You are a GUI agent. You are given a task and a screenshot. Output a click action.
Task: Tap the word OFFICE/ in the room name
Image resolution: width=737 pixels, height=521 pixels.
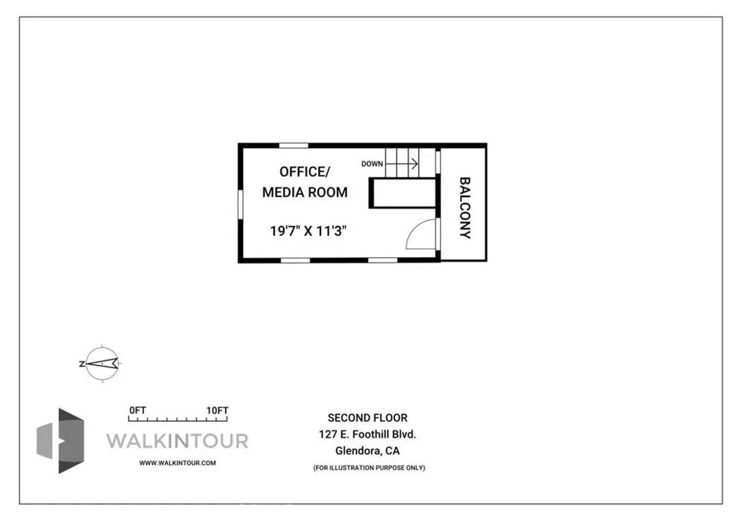(304, 171)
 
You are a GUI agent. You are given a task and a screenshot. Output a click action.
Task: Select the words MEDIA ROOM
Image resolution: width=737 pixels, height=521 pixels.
(304, 192)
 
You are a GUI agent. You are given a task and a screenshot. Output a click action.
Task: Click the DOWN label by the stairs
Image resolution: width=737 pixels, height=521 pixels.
(372, 164)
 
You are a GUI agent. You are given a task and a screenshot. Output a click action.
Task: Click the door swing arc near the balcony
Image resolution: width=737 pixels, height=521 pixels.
(421, 234)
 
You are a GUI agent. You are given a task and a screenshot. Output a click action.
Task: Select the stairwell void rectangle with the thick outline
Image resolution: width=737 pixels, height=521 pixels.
(404, 194)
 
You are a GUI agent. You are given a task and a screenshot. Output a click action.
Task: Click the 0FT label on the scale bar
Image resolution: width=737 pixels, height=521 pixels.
(137, 410)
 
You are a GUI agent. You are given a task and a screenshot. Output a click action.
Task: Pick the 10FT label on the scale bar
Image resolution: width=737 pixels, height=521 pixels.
(217, 410)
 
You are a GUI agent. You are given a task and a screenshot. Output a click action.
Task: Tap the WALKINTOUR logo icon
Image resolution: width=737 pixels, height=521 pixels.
(61, 440)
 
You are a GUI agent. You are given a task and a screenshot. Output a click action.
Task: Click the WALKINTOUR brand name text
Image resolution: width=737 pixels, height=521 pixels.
(177, 440)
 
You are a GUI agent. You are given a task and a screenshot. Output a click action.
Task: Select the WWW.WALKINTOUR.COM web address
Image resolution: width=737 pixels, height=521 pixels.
(177, 463)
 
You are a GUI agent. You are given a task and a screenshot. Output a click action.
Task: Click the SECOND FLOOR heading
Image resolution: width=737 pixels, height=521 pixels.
(368, 417)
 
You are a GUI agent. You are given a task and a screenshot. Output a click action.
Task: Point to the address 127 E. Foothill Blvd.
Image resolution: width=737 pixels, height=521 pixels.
(368, 435)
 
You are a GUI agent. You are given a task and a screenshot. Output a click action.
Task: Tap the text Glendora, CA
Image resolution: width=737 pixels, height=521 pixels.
(368, 452)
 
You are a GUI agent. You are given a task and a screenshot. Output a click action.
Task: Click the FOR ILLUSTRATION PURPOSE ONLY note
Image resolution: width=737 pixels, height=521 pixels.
(368, 468)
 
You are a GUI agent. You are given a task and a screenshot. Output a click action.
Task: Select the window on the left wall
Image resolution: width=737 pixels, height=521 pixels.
(240, 204)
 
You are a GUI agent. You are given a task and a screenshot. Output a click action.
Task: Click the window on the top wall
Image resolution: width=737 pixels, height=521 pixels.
(294, 145)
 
